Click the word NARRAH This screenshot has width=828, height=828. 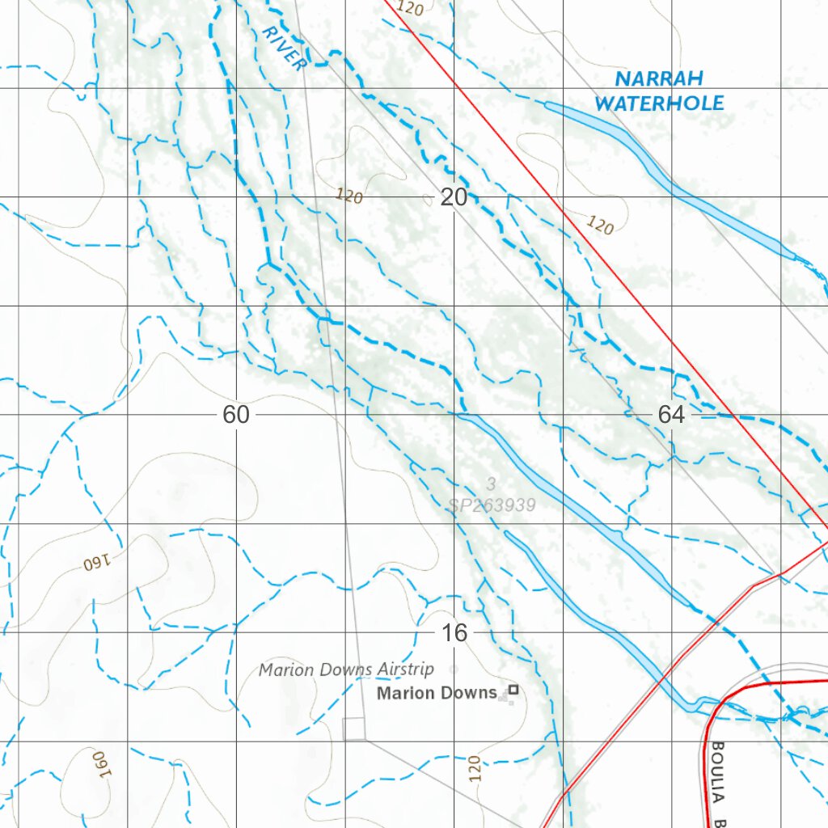[659, 79]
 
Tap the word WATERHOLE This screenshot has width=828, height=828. [659, 103]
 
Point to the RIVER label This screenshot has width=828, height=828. [285, 48]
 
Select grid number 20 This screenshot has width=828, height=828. [454, 197]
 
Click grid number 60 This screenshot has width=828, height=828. [236, 415]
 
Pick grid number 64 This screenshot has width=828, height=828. [671, 415]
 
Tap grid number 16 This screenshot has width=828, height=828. [454, 632]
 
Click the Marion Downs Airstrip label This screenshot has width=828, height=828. [346, 670]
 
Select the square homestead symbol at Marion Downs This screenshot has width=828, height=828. [512, 691]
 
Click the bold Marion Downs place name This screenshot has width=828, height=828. [437, 693]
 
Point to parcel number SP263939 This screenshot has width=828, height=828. [492, 505]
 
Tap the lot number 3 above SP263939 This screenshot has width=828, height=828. [491, 484]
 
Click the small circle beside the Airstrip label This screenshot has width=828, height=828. [453, 669]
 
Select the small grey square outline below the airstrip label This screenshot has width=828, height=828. [354, 729]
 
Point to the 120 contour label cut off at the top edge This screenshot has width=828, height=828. [411, 9]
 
